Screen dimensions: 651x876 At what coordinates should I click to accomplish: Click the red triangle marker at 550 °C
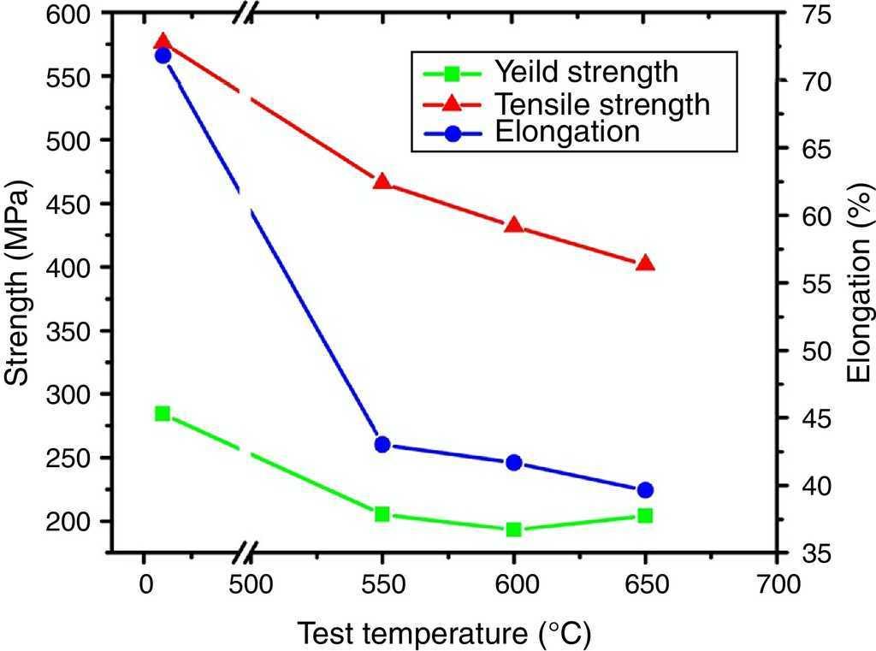pyautogui.click(x=382, y=181)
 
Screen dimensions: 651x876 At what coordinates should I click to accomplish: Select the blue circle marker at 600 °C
pyautogui.click(x=514, y=463)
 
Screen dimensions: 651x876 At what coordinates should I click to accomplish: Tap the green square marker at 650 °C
pyautogui.click(x=646, y=516)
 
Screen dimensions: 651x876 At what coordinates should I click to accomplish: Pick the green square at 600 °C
pyautogui.click(x=514, y=530)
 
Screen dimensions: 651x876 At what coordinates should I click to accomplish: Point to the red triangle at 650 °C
pyautogui.click(x=646, y=263)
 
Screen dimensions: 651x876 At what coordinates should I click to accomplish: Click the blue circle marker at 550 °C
pyautogui.click(x=382, y=445)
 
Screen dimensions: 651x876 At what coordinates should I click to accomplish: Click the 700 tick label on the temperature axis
pyautogui.click(x=776, y=584)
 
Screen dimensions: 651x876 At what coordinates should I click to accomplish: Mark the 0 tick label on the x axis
pyautogui.click(x=143, y=584)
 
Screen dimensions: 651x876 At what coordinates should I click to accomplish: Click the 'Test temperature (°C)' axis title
pyautogui.click(x=444, y=634)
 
